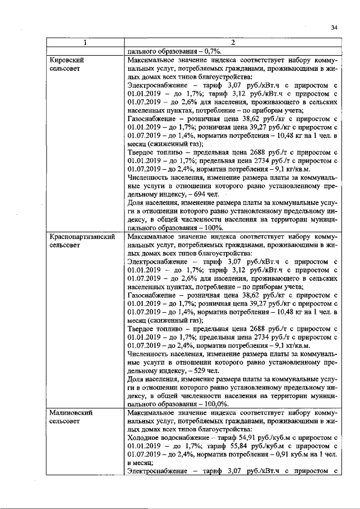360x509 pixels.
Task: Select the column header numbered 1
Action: pos(85,42)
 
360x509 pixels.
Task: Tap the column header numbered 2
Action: pos(232,42)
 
